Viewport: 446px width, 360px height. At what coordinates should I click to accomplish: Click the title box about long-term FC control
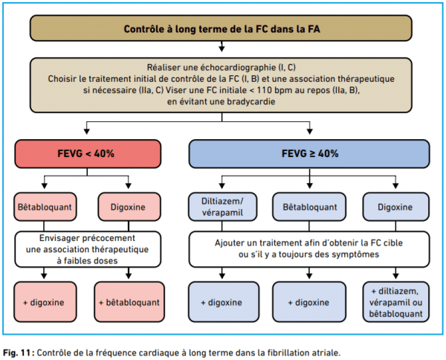(221, 28)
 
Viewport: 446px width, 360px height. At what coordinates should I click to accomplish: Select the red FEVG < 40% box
(88, 154)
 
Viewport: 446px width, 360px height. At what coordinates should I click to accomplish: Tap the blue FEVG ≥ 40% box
(309, 154)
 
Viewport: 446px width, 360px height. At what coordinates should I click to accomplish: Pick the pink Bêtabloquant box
(45, 207)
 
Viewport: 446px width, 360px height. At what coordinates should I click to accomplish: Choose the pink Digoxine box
(129, 207)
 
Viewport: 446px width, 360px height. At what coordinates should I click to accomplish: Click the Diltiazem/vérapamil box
(222, 207)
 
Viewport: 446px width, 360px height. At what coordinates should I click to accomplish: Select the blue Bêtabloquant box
(309, 207)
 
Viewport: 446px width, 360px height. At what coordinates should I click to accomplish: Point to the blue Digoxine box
(395, 207)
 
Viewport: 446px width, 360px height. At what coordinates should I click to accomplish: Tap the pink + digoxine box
(45, 302)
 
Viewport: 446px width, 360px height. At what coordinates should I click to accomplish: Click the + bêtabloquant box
(129, 302)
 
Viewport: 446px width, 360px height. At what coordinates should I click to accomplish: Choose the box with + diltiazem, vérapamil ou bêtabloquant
(395, 302)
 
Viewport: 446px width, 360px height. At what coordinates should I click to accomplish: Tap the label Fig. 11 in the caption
(16, 353)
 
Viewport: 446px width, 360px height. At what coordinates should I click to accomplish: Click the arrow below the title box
(222, 46)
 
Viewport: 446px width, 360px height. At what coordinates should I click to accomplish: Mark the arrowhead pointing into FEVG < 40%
(87, 131)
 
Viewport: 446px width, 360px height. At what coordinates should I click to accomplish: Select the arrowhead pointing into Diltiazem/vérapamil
(222, 185)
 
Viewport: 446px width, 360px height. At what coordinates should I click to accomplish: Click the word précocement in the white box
(113, 238)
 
